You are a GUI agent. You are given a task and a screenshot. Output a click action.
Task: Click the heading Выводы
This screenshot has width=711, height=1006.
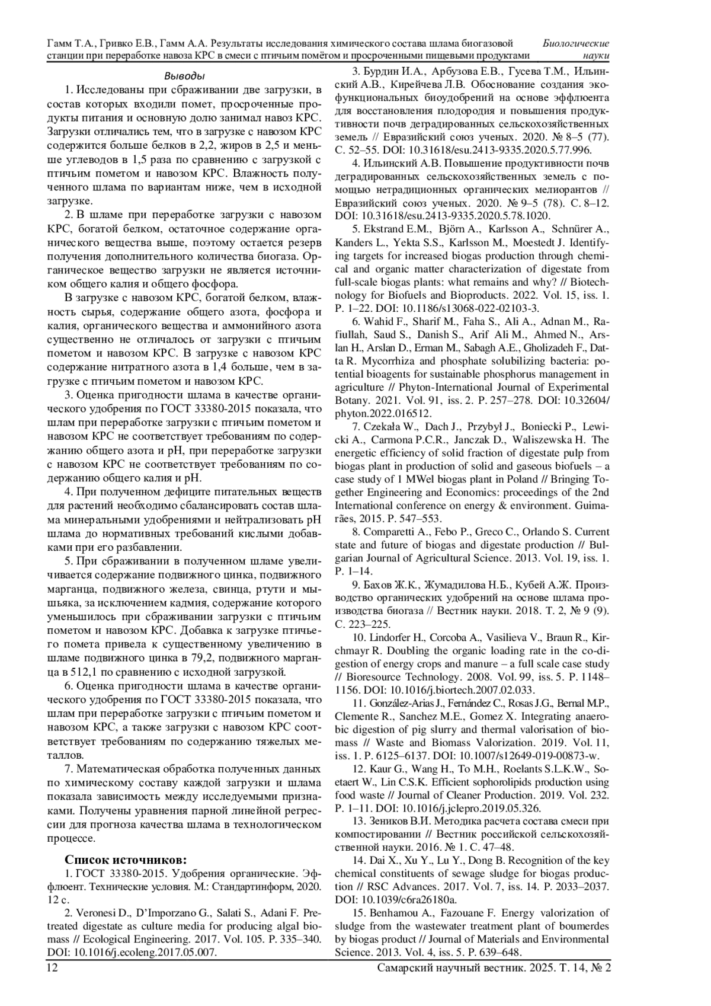tap(184, 76)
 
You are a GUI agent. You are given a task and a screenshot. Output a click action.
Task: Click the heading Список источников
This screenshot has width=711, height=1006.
tap(126, 860)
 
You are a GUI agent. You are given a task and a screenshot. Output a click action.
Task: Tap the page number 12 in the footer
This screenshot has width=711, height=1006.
tap(52, 967)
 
